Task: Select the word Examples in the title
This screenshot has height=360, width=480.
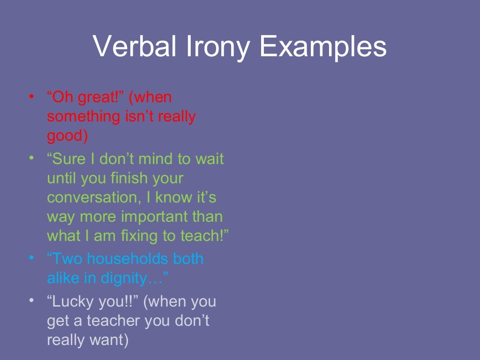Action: coord(323,46)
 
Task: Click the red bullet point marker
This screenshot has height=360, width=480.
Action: coord(31,97)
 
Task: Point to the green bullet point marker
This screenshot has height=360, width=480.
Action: coord(31,158)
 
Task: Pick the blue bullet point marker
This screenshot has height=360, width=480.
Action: coord(31,258)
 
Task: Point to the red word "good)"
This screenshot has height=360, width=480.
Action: coord(67,136)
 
